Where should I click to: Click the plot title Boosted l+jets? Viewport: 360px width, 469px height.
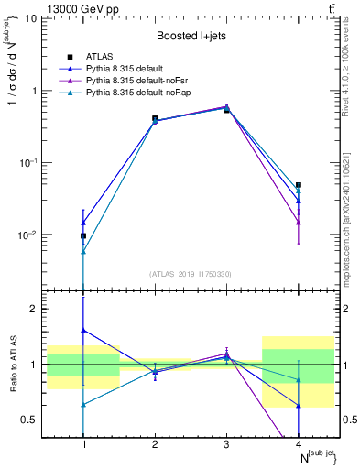pyautogui.click(x=191, y=36)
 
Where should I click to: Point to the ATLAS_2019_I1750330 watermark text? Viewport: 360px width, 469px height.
pyautogui.click(x=191, y=274)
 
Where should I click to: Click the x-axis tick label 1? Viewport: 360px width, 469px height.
pyautogui.click(x=83, y=444)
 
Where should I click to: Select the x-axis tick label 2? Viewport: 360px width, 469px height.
pyautogui.click(x=155, y=444)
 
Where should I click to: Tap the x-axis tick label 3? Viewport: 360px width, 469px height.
pyautogui.click(x=226, y=444)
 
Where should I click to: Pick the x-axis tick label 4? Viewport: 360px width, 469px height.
pyautogui.click(x=298, y=444)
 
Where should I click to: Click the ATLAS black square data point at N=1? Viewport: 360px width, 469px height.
pyautogui.click(x=83, y=235)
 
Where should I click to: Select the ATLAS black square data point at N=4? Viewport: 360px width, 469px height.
pyautogui.click(x=298, y=185)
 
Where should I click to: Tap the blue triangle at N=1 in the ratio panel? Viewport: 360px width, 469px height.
pyautogui.click(x=83, y=330)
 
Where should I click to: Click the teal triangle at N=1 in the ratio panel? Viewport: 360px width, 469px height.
pyautogui.click(x=83, y=404)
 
